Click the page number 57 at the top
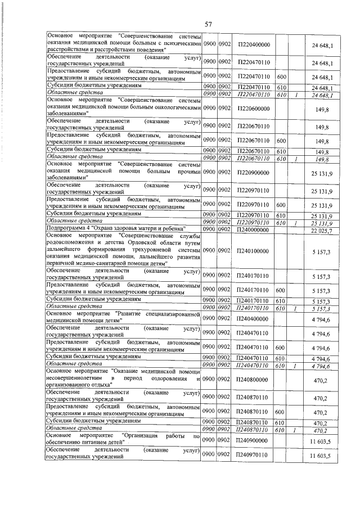tap(208, 24)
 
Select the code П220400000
tap(254, 44)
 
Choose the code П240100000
tap(254, 250)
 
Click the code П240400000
tap(254, 318)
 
